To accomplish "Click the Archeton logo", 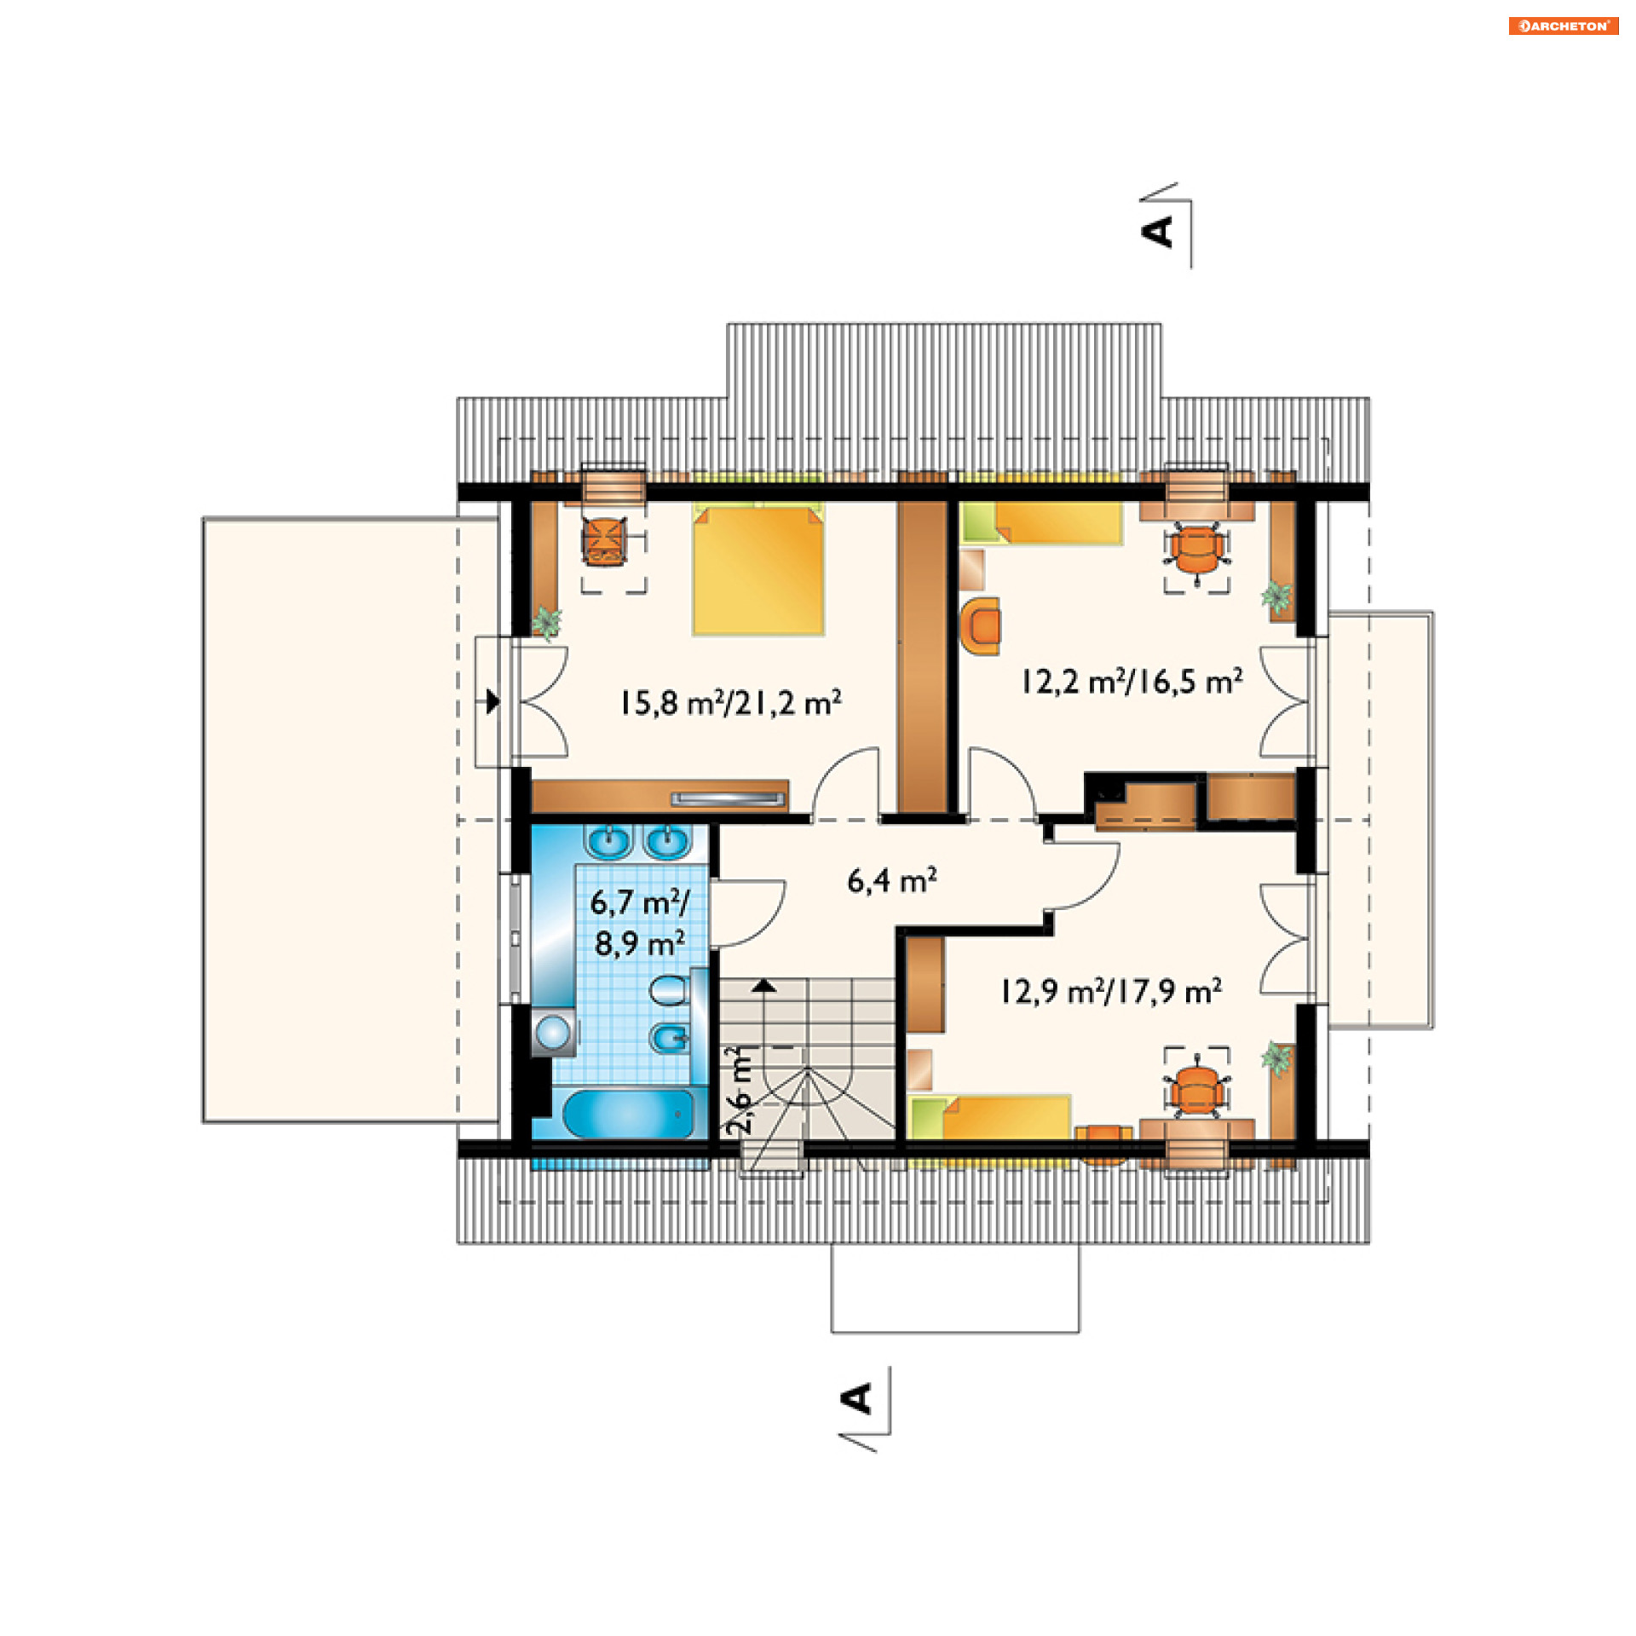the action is (x=1564, y=26).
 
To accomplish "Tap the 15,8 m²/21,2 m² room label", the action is (x=730, y=703).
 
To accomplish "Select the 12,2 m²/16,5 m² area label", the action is (x=1132, y=682).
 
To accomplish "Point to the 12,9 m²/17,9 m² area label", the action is (x=1110, y=991).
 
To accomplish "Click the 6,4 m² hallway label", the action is (x=892, y=880).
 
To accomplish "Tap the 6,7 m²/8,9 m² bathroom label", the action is (x=639, y=923).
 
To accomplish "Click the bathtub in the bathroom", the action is (x=628, y=1114).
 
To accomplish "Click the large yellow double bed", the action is (x=758, y=569).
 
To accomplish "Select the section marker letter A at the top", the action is (x=1158, y=231).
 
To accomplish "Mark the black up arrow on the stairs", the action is (x=764, y=986).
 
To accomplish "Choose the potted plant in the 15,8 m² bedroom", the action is (x=546, y=622).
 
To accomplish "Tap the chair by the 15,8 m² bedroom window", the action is (x=605, y=542).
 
